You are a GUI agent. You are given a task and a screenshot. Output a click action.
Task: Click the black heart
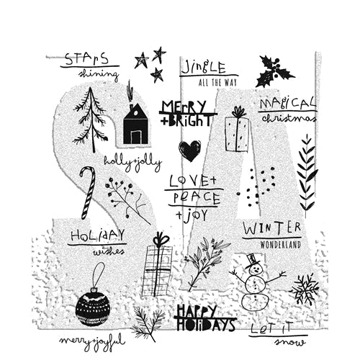189,150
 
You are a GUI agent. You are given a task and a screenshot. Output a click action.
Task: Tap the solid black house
135,124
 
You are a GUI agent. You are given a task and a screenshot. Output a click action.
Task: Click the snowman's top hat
251,259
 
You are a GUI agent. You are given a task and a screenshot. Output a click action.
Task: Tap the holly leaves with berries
274,71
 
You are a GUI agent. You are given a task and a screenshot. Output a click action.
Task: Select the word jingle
204,68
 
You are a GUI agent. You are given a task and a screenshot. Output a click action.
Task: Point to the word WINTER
271,228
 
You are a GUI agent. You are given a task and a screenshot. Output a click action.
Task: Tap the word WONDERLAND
280,245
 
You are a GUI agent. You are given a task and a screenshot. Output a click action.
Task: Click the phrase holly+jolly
132,163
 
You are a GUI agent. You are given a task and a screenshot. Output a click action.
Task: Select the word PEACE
197,198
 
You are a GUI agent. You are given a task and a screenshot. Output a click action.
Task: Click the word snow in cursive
290,342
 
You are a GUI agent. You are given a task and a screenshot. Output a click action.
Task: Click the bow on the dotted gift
238,112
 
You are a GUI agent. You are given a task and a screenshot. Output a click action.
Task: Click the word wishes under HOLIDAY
109,252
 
